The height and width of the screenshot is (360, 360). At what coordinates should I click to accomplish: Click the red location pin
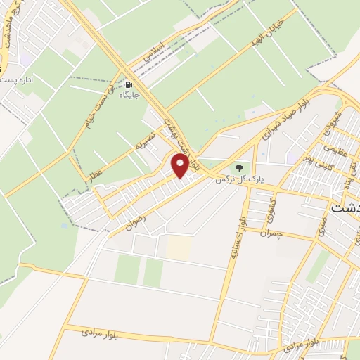point(180,166)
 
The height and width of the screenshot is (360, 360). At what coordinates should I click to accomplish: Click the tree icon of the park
point(240,168)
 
